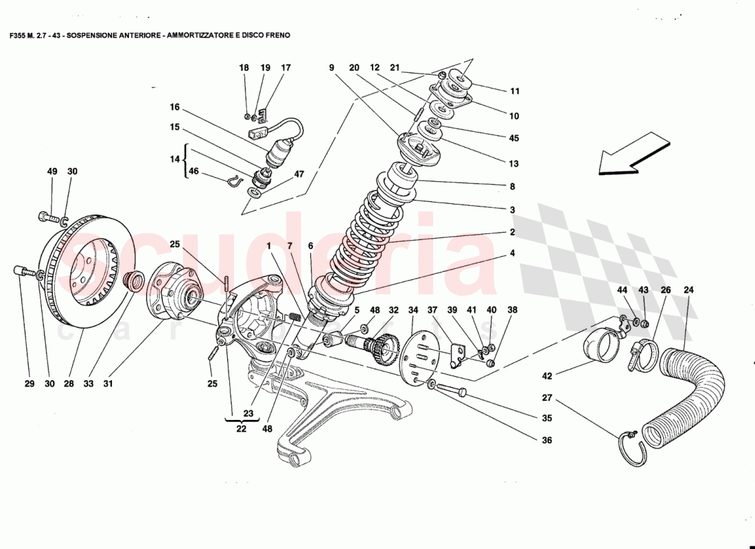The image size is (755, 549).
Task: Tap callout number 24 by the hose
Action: tap(688, 290)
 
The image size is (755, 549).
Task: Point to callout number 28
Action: tap(69, 384)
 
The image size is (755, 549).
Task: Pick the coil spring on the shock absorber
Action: tap(371, 233)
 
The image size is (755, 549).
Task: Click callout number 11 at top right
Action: tap(515, 91)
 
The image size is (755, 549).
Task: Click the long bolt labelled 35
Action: tap(450, 389)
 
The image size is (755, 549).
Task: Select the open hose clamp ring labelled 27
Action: tap(631, 450)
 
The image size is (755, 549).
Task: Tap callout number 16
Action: tap(174, 107)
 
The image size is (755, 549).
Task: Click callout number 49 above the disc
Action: tap(52, 172)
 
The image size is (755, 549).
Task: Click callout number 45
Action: tap(514, 138)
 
